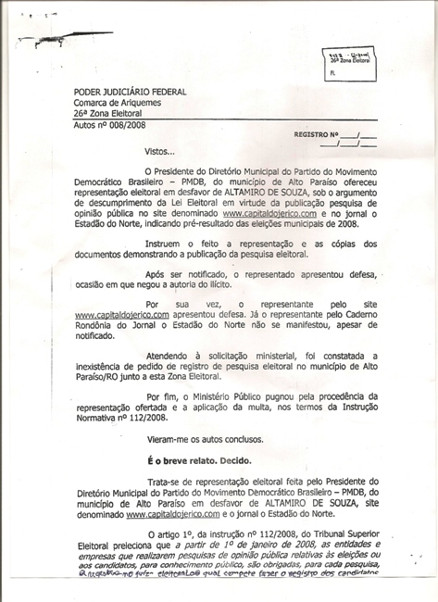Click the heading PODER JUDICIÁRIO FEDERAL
[x=130, y=92]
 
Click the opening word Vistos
[x=158, y=151]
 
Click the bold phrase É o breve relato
[x=186, y=459]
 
